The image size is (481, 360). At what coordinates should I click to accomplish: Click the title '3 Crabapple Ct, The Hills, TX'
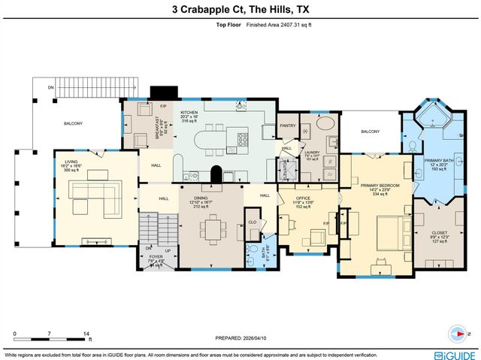pyautogui.click(x=240, y=10)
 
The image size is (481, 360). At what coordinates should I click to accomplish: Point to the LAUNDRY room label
pyautogui.click(x=312, y=155)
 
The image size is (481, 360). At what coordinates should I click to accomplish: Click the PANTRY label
pyautogui.click(x=287, y=126)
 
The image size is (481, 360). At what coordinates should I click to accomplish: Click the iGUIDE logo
pyautogui.click(x=454, y=353)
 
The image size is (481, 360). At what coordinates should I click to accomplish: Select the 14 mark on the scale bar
pyautogui.click(x=86, y=333)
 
